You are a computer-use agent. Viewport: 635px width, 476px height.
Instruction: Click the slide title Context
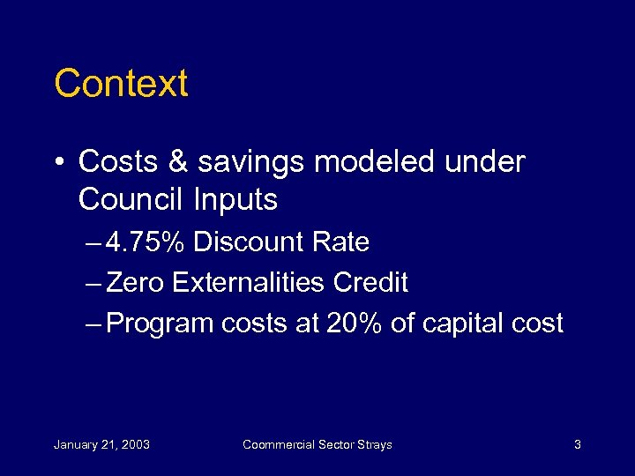coord(121,84)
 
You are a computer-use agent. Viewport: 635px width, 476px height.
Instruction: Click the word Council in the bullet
coord(131,200)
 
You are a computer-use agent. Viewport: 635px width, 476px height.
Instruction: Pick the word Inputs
coord(235,200)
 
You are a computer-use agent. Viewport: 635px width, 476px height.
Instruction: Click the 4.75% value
coord(146,242)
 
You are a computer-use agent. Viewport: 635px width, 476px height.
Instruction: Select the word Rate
coord(342,242)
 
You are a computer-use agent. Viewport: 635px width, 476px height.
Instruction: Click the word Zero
coord(136,282)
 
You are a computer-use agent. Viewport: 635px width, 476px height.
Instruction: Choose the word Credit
coord(370,282)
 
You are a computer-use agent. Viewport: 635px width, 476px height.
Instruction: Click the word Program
coord(160,324)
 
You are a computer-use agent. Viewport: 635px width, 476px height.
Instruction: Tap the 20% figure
coord(354,324)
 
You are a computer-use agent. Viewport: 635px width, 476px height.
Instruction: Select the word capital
coord(465,324)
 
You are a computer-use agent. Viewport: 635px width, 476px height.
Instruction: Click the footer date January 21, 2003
coord(101,444)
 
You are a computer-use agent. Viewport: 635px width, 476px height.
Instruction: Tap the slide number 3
coord(577,444)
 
